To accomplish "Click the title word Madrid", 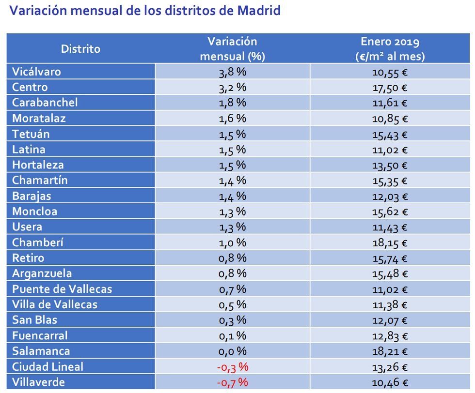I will (x=259, y=11).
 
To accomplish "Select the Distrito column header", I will (x=80, y=49).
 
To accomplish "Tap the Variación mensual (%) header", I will (x=232, y=49).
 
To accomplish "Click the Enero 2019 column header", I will (x=390, y=49).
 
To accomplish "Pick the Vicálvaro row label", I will (x=36, y=72).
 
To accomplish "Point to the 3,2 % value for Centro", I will (x=232, y=88).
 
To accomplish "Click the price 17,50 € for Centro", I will (x=390, y=88).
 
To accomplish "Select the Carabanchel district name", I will (x=45, y=103).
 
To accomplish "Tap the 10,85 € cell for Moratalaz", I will (x=390, y=119).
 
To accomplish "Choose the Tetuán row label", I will (x=31, y=134).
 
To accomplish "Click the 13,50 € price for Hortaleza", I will (x=390, y=165).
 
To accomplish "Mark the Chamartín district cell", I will (x=40, y=181).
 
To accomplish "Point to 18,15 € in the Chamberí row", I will (x=390, y=242).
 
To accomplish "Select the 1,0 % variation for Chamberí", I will (x=232, y=242).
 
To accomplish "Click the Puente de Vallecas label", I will (x=62, y=289).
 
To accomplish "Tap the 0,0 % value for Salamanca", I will (x=232, y=351).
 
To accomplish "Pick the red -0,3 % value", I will (x=232, y=366).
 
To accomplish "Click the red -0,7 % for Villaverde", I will (x=232, y=382).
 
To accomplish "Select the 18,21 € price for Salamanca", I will (x=390, y=351).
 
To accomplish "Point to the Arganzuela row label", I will (x=42, y=273).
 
